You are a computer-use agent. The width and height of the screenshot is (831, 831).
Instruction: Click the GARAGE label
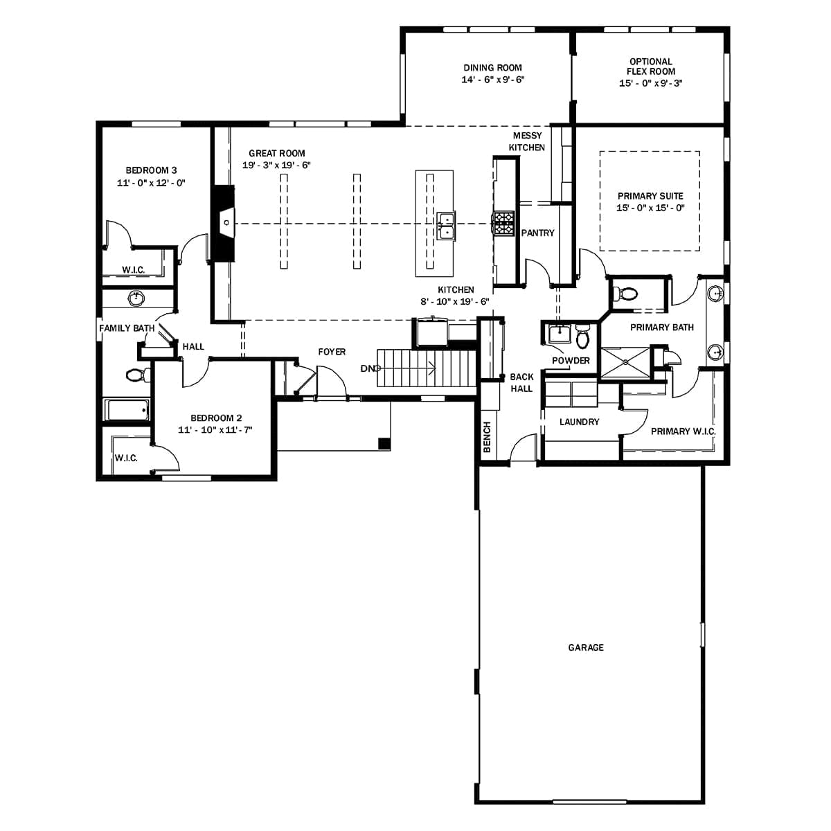coord(586,647)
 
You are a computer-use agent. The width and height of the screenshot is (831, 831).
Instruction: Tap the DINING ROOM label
coord(492,68)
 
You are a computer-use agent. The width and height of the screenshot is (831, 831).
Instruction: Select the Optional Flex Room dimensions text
coord(651,83)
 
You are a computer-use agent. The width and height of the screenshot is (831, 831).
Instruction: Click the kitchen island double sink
coord(446,226)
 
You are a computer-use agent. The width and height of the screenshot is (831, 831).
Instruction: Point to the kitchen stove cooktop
coord(504,224)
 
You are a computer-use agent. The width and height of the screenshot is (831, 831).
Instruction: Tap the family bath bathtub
coord(127,410)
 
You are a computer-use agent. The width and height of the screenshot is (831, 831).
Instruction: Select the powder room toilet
coord(582,337)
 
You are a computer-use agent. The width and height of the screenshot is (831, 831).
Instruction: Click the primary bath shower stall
coord(625,361)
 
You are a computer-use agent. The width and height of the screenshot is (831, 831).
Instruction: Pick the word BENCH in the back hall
coord(487,437)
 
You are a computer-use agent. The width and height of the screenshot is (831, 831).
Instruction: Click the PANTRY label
coord(537,233)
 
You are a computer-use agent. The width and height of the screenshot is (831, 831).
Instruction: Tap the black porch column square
coord(384,443)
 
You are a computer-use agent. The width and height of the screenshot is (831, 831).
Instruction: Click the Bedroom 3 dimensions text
coord(151,183)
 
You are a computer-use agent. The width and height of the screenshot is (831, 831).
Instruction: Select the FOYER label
coord(332,352)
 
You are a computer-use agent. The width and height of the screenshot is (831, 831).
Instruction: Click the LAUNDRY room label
coord(579,422)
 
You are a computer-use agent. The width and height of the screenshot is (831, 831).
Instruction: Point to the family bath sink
coord(136,298)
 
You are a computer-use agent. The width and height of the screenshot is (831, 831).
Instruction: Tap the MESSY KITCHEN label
coord(527,141)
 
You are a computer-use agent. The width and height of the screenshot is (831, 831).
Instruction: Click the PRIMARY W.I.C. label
coord(683,431)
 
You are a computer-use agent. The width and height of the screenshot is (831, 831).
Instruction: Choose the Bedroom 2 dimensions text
coord(215,430)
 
